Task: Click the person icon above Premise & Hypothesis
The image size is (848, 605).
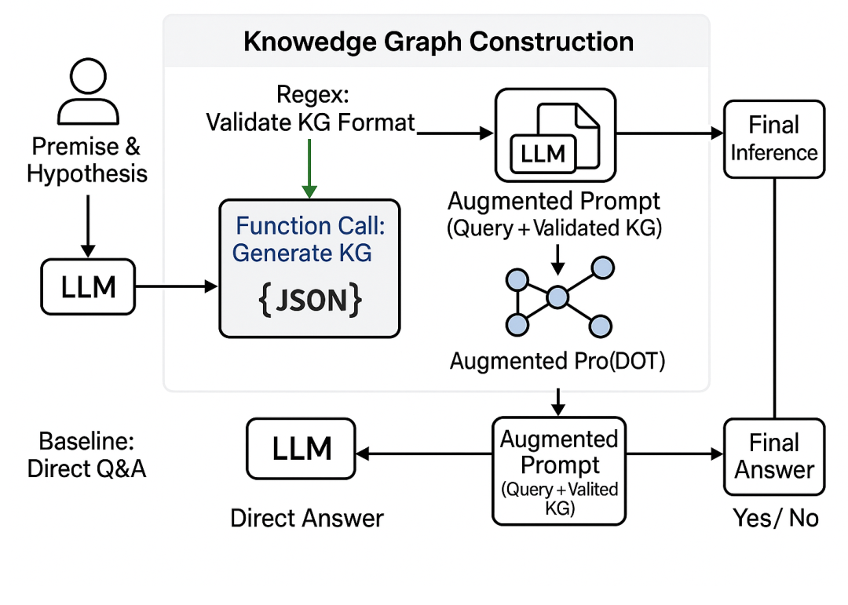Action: [87, 93]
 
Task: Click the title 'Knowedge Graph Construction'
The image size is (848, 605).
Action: [438, 41]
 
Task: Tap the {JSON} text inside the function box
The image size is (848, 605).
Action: [309, 300]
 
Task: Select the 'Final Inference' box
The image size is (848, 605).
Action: [773, 139]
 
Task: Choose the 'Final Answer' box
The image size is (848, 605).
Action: [773, 457]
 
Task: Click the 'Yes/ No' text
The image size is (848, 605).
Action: [775, 518]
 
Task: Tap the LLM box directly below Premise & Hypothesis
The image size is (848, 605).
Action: [88, 288]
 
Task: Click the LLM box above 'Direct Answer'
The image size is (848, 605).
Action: [302, 450]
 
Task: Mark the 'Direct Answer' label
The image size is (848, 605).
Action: [307, 518]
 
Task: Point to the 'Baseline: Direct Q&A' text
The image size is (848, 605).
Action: [86, 454]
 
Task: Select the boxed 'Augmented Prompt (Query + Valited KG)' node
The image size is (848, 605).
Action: [559, 471]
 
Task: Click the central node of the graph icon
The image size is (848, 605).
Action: [557, 297]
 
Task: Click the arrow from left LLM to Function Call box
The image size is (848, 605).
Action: [177, 288]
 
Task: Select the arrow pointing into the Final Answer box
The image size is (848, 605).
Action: [675, 454]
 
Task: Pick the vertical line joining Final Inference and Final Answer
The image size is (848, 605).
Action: [775, 298]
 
